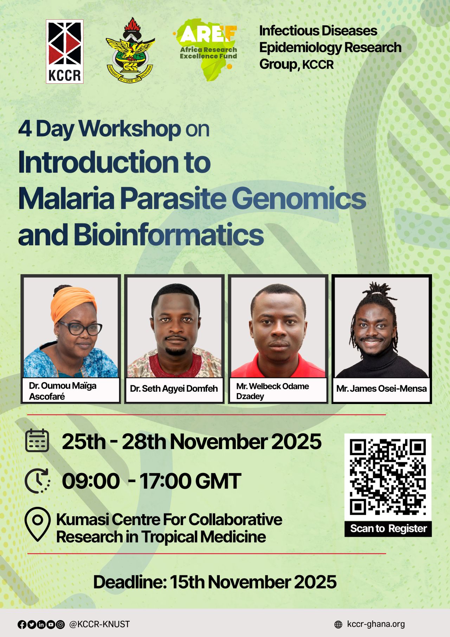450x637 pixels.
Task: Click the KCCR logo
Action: tap(65, 51)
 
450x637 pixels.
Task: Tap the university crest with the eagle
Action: tap(130, 50)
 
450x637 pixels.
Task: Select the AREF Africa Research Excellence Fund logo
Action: tap(206, 50)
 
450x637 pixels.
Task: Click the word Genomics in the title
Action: tap(298, 199)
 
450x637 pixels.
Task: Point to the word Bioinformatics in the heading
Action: tap(168, 235)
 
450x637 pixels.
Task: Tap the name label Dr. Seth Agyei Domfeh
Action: tap(174, 389)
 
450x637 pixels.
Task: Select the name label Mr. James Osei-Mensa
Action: tap(381, 389)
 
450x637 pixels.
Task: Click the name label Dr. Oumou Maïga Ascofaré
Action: tap(63, 391)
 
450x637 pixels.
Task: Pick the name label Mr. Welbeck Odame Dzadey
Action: tap(272, 391)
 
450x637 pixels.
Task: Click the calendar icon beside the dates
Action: tap(37, 440)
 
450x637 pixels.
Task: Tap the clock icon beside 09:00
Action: tap(37, 480)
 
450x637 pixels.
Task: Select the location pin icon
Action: tap(37, 524)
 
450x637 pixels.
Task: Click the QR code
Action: tap(388, 477)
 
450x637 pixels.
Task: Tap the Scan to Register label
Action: tap(388, 529)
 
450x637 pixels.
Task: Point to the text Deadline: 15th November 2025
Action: tap(215, 582)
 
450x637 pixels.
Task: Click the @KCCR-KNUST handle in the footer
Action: tap(99, 624)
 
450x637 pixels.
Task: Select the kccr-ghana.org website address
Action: tap(376, 624)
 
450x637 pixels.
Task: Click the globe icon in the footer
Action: tap(338, 624)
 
